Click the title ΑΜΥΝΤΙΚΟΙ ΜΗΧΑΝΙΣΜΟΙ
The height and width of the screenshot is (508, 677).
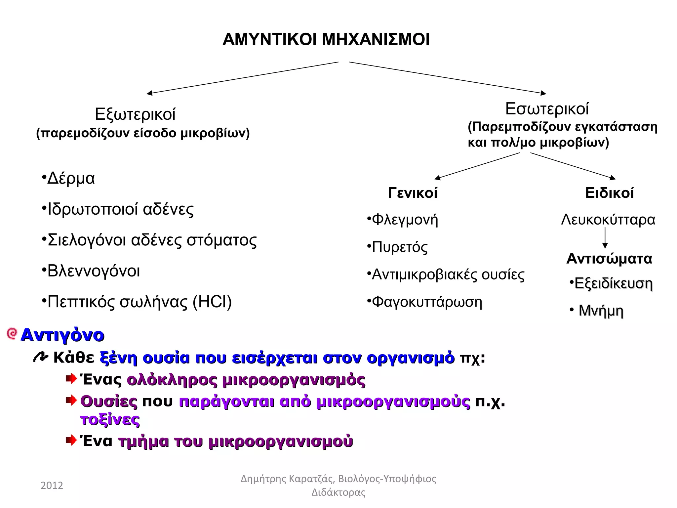pyautogui.click(x=326, y=40)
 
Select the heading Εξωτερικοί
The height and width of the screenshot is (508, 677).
pyautogui.click(x=135, y=114)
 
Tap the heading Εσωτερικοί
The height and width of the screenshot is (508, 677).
pyautogui.click(x=547, y=109)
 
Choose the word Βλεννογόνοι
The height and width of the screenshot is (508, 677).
pyautogui.click(x=94, y=271)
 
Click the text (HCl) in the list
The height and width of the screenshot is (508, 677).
pyautogui.click(x=212, y=302)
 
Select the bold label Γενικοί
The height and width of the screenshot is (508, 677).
pyautogui.click(x=413, y=193)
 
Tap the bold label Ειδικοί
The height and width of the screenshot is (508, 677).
pyautogui.click(x=609, y=193)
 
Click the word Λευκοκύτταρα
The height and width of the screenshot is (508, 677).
pyautogui.click(x=608, y=220)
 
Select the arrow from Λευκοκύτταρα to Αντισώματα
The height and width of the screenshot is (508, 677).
pyautogui.click(x=605, y=238)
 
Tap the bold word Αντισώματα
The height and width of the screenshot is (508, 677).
pyautogui.click(x=609, y=259)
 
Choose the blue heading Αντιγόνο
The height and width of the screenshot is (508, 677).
pyautogui.click(x=62, y=335)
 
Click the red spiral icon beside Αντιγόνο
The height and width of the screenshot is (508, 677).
pyautogui.click(x=12, y=334)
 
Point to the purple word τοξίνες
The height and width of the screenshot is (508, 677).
pyautogui.click(x=110, y=420)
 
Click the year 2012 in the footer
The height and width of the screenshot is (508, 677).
pyautogui.click(x=52, y=486)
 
